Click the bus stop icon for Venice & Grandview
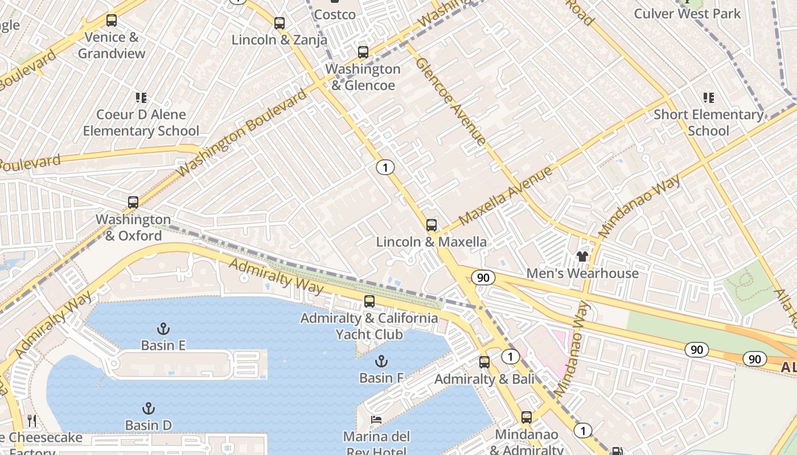pyautogui.click(x=112, y=20)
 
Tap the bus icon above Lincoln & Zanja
pyautogui.click(x=279, y=23)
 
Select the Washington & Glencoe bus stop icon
pyautogui.click(x=363, y=52)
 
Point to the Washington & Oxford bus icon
pyautogui.click(x=133, y=202)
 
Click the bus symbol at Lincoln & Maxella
pyautogui.click(x=432, y=225)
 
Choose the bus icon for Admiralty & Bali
pyautogui.click(x=484, y=362)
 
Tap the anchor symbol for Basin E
pyautogui.click(x=163, y=328)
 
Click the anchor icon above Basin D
pyautogui.click(x=148, y=408)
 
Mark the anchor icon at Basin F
pyautogui.click(x=381, y=361)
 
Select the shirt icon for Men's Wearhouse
pyautogui.click(x=582, y=257)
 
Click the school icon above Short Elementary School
pyautogui.click(x=708, y=98)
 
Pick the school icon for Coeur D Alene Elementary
pyautogui.click(x=141, y=98)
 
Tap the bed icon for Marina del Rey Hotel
pyautogui.click(x=376, y=420)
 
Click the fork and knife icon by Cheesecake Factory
pyautogui.click(x=32, y=421)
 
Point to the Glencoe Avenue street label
pyautogui.click(x=451, y=101)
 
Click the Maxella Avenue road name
pyautogui.click(x=506, y=195)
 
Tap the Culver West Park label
pyautogui.click(x=687, y=14)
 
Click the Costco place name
pyautogui.click(x=335, y=14)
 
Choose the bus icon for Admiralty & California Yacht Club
pyautogui.click(x=369, y=301)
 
